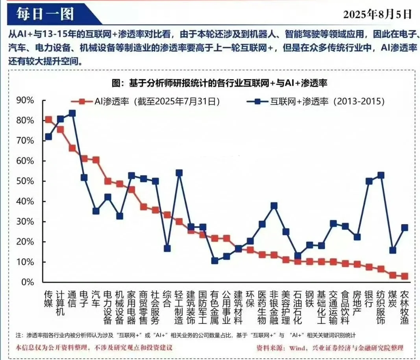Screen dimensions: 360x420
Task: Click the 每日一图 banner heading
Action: pyautogui.click(x=45, y=14)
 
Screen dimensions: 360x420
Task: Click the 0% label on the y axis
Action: pyautogui.click(x=28, y=282)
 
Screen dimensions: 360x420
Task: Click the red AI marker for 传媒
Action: pyautogui.click(x=48, y=120)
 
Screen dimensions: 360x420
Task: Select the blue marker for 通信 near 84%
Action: pyautogui.click(x=72, y=113)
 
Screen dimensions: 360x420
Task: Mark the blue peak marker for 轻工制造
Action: pyautogui.click(x=179, y=173)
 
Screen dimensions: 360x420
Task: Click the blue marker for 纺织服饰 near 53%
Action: pyautogui.click(x=381, y=175)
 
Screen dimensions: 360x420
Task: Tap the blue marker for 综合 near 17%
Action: pyautogui.click(x=167, y=249)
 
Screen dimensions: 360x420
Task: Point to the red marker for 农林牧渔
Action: pyautogui.click(x=404, y=276)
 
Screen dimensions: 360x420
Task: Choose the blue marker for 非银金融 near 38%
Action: pyautogui.click(x=274, y=206)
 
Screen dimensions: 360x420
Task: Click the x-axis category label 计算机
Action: pyautogui.click(x=60, y=304)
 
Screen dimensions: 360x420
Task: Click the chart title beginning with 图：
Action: pyautogui.click(x=220, y=83)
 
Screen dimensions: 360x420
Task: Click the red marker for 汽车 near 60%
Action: pyautogui.click(x=96, y=160)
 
